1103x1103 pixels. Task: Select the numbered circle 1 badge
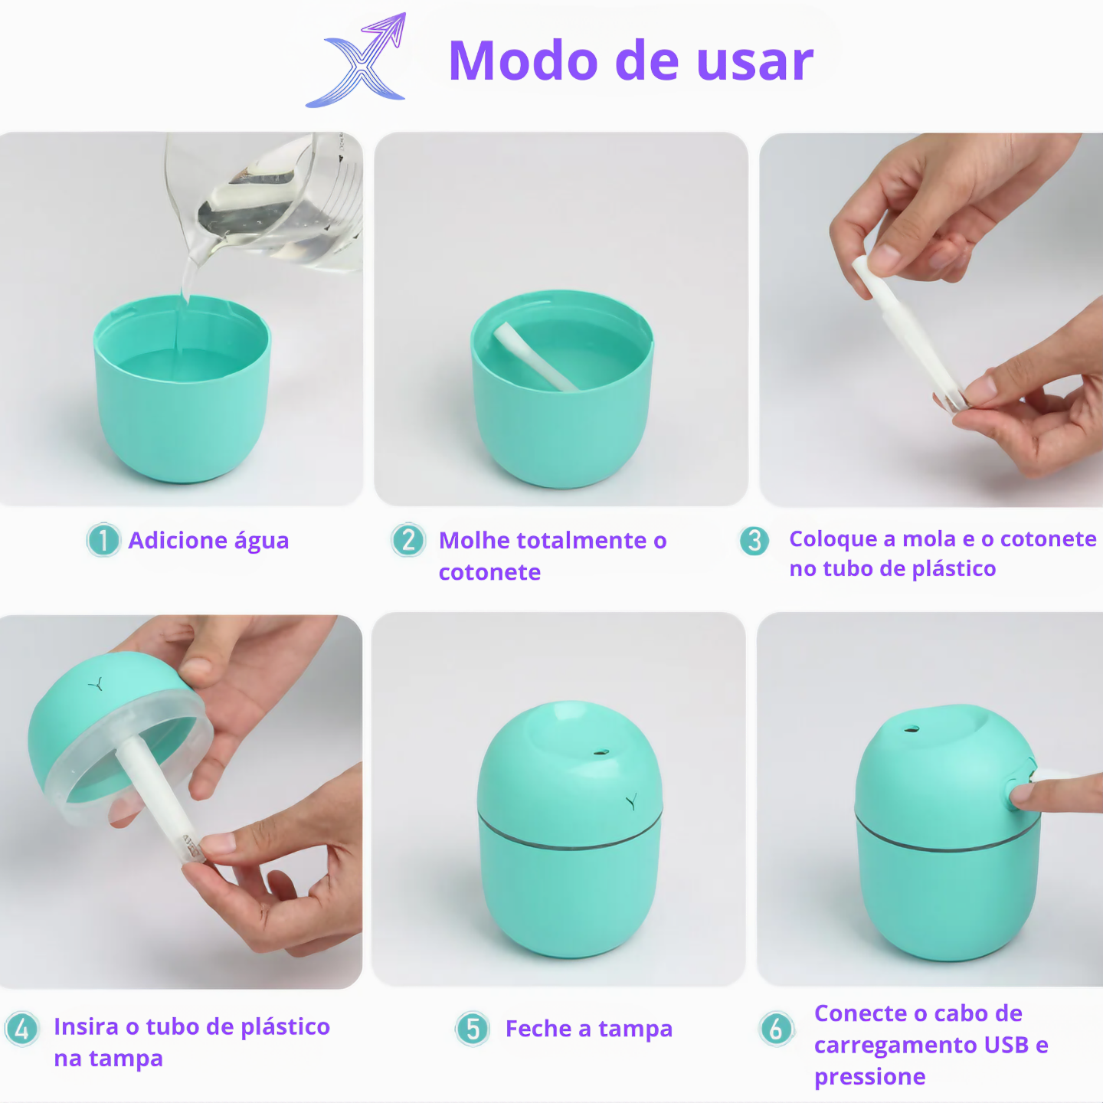[103, 540]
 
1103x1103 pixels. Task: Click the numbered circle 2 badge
[408, 540]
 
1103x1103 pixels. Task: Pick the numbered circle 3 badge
[754, 541]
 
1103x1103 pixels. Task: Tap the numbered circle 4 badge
[21, 1028]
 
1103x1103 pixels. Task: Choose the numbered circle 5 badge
[473, 1029]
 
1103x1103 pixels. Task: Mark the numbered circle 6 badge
[776, 1028]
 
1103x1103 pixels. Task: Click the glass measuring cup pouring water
[268, 203]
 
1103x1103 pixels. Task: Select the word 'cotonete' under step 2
[489, 572]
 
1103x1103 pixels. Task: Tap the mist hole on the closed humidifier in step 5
[601, 753]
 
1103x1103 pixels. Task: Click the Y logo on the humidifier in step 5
[631, 802]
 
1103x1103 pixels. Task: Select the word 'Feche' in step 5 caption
[538, 1029]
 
